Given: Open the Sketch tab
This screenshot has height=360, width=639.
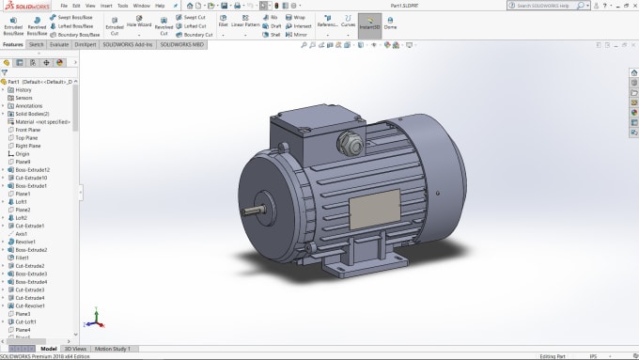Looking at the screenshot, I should (x=36, y=44).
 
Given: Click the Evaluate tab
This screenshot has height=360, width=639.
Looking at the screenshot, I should (x=58, y=44).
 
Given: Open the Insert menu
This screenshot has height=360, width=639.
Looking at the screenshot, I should (x=107, y=5).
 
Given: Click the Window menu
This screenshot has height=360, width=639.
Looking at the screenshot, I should (x=141, y=5).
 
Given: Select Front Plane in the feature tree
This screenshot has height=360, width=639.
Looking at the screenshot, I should (x=27, y=130).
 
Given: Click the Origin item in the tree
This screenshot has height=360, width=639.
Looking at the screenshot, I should (x=22, y=153).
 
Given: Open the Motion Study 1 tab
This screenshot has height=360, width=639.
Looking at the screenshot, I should (x=113, y=349).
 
